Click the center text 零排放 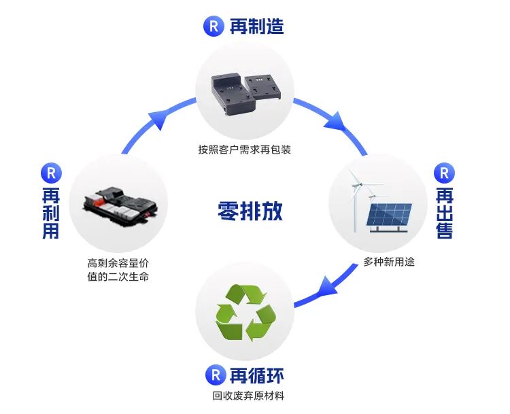tap(250, 211)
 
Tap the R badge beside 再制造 tap(214, 27)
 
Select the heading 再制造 tap(256, 27)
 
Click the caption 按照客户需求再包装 tap(245, 150)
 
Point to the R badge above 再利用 tap(51, 172)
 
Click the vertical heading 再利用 tap(51, 213)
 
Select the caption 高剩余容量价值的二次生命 tap(118, 271)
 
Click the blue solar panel tap(390, 216)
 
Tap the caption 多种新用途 tap(389, 262)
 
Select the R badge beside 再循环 tap(214, 375)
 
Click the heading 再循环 tap(256, 375)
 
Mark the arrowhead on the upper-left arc tap(158, 120)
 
